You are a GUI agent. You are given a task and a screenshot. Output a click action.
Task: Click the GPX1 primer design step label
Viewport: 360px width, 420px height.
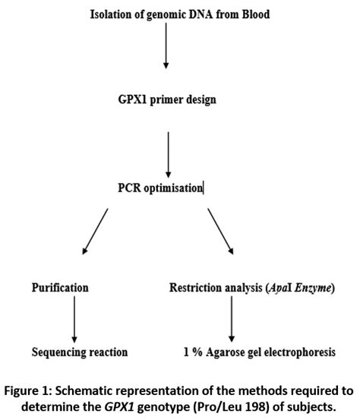pyautogui.click(x=166, y=99)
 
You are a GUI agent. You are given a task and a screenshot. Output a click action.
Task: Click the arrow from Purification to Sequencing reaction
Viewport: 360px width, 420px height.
pyautogui.click(x=74, y=320)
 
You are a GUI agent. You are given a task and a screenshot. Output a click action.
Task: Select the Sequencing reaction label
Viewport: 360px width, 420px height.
pyautogui.click(x=80, y=352)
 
